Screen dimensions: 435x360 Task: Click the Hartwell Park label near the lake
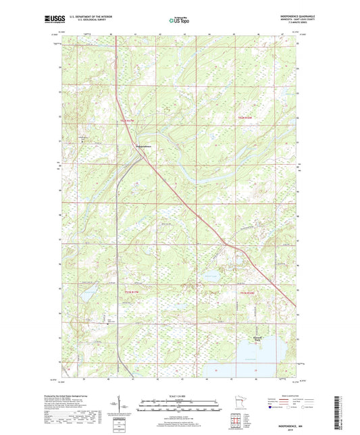pos(256,338)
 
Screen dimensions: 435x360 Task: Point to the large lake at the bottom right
pos(260,359)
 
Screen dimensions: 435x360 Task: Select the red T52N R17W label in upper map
pos(128,121)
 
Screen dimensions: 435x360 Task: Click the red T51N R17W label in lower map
pos(134,292)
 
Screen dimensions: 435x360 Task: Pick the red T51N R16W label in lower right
pos(249,292)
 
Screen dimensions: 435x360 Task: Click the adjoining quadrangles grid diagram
pos(233,421)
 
